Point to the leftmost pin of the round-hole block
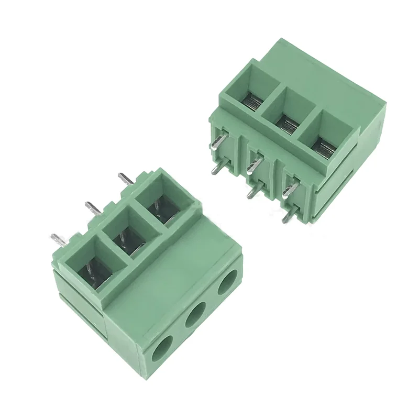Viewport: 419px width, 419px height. [x=59, y=240]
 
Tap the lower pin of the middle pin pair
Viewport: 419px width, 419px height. [x=252, y=193]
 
